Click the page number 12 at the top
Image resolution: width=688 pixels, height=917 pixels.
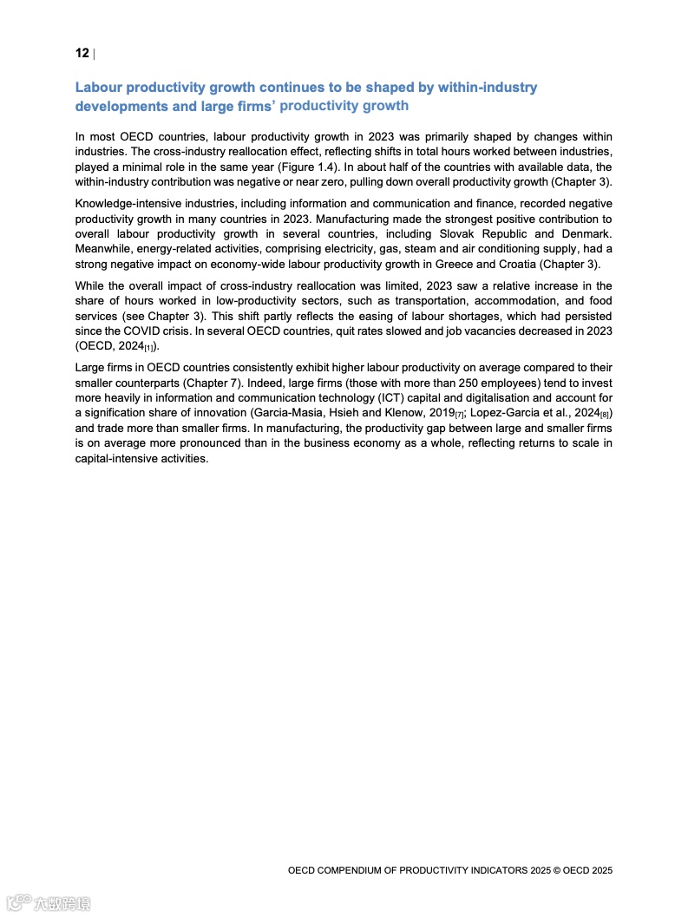click(x=82, y=54)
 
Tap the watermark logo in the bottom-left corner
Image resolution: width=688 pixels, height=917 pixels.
click(x=48, y=903)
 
